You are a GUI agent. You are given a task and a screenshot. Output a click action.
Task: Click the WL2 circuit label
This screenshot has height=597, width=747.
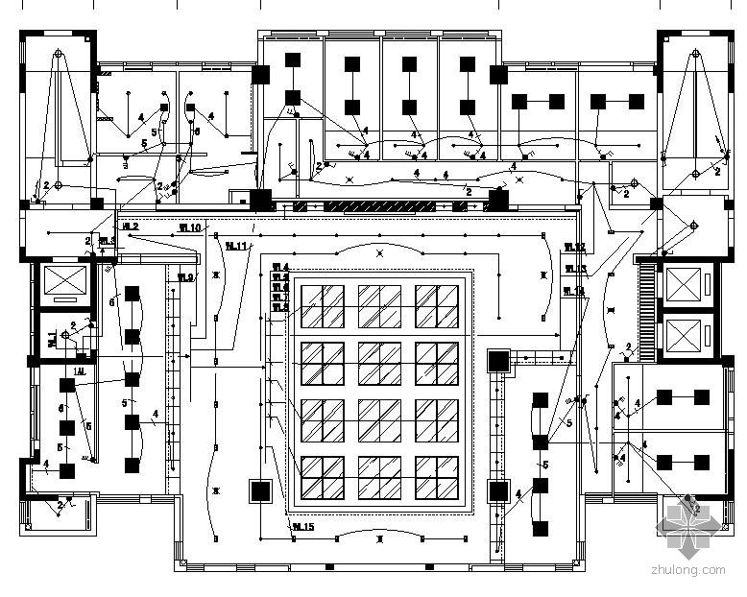coord(131,227)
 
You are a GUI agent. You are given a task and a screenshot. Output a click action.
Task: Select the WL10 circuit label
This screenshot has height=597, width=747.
coord(190,228)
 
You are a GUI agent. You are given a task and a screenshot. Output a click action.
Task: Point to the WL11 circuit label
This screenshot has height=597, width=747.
coord(236,246)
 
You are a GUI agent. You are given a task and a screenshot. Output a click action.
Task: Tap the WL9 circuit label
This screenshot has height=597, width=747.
coord(185,278)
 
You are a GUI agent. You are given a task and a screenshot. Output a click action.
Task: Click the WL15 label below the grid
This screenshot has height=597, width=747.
coord(303,526)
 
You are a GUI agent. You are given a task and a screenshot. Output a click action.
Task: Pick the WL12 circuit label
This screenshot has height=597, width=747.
coord(574,248)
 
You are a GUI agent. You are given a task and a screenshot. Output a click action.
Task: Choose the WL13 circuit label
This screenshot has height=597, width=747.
coord(574,270)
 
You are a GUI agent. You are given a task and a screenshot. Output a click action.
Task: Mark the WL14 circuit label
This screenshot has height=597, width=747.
coord(573,291)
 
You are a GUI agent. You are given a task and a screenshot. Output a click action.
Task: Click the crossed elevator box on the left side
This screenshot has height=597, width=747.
coord(60,284)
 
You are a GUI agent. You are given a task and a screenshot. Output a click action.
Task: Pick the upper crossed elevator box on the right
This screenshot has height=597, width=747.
coord(686,284)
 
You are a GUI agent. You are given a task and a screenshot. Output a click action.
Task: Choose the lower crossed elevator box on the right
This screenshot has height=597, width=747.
coord(686,336)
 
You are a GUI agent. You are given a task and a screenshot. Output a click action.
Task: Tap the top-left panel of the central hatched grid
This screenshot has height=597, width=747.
coord(323,305)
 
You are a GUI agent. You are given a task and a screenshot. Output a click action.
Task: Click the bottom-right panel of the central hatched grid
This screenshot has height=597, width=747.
coord(436,477)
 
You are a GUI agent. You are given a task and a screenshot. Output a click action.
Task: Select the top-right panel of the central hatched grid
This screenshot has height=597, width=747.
coord(436,305)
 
